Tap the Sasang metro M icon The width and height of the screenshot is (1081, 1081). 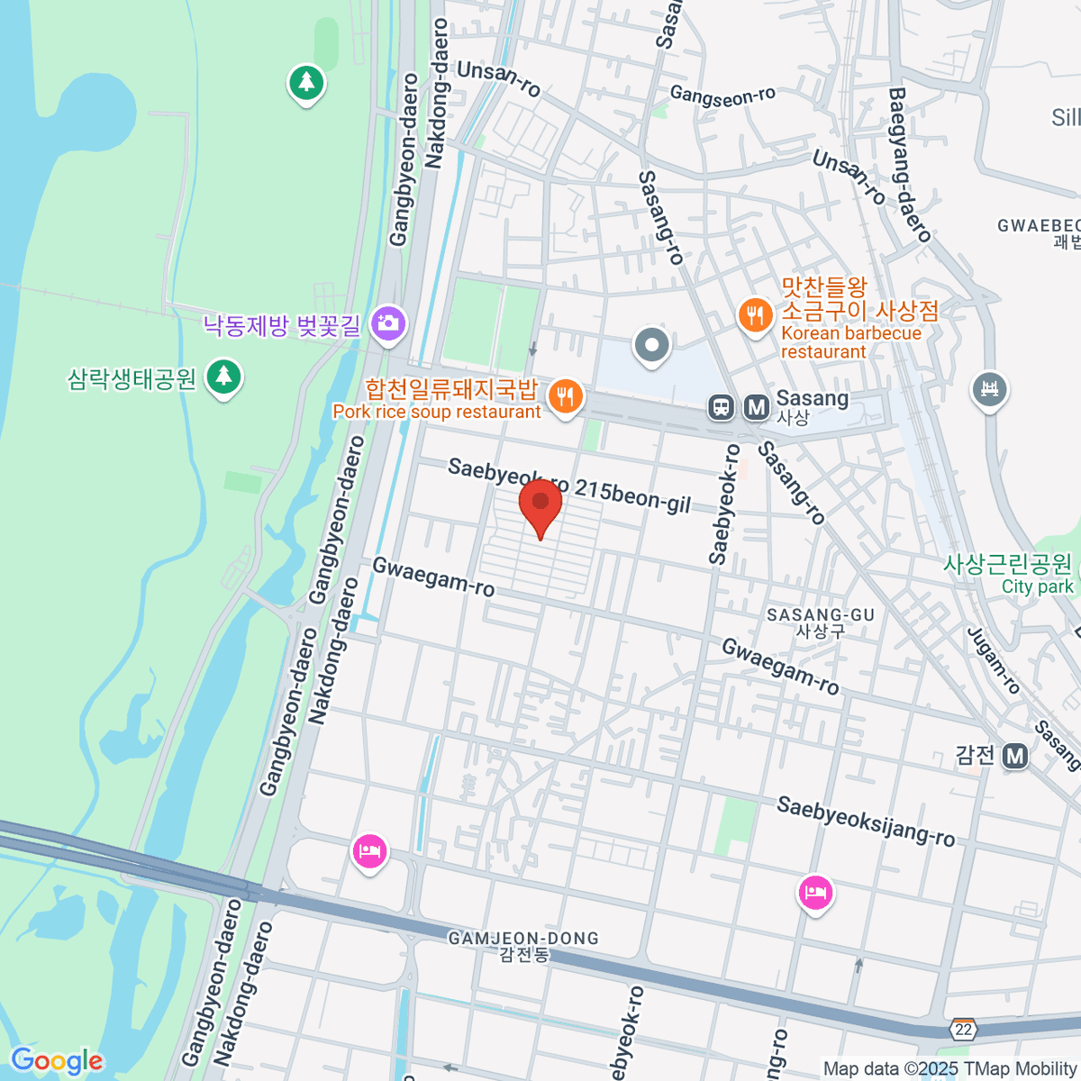pyautogui.click(x=757, y=408)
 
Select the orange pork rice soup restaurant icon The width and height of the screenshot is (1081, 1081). pyautogui.click(x=565, y=397)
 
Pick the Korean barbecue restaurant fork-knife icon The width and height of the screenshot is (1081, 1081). pyautogui.click(x=754, y=315)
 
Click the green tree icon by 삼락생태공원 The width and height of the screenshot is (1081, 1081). pyautogui.click(x=223, y=377)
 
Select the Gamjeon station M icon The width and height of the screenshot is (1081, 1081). pyautogui.click(x=1015, y=756)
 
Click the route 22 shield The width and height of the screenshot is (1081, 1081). pyautogui.click(x=964, y=1029)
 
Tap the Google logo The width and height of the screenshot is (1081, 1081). pyautogui.click(x=57, y=1061)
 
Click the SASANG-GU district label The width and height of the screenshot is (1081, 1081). pyautogui.click(x=821, y=622)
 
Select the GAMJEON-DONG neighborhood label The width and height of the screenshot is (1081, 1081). pyautogui.click(x=523, y=945)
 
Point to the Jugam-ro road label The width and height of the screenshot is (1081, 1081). pyautogui.click(x=993, y=660)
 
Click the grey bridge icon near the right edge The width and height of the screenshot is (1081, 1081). pyautogui.click(x=989, y=389)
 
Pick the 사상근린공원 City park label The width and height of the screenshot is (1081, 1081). pyautogui.click(x=1009, y=574)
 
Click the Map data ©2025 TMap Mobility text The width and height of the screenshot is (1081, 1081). pyautogui.click(x=949, y=1068)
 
